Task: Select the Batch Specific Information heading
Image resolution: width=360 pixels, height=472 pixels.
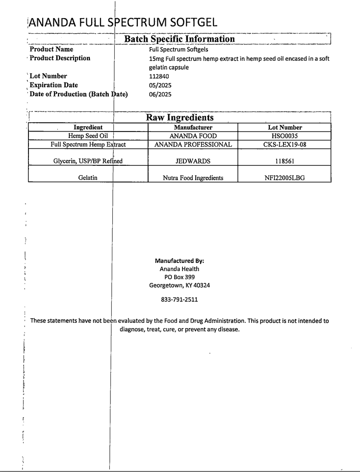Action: [179, 38]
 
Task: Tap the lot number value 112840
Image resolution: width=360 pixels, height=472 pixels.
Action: [159, 77]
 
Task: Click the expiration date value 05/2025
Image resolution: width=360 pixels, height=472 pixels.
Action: [159, 85]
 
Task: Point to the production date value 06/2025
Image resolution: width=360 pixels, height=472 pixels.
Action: [159, 94]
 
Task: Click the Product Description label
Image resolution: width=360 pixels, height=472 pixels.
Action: [60, 58]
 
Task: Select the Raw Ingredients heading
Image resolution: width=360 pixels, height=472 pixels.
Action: [180, 118]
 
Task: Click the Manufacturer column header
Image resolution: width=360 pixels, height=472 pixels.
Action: [192, 128]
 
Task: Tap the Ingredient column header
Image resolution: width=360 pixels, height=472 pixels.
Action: [88, 128]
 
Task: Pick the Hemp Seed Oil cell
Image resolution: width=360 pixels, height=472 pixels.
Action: [88, 136]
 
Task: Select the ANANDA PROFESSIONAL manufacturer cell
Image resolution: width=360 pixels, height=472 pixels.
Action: [192, 145]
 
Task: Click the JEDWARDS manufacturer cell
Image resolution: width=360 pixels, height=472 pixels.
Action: [192, 160]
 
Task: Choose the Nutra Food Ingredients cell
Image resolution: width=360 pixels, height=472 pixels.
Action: [192, 178]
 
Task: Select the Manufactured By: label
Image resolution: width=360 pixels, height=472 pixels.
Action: [179, 261]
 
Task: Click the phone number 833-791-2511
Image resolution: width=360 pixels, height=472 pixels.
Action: [180, 299]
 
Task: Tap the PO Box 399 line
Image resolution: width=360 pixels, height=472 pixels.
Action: [180, 277]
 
